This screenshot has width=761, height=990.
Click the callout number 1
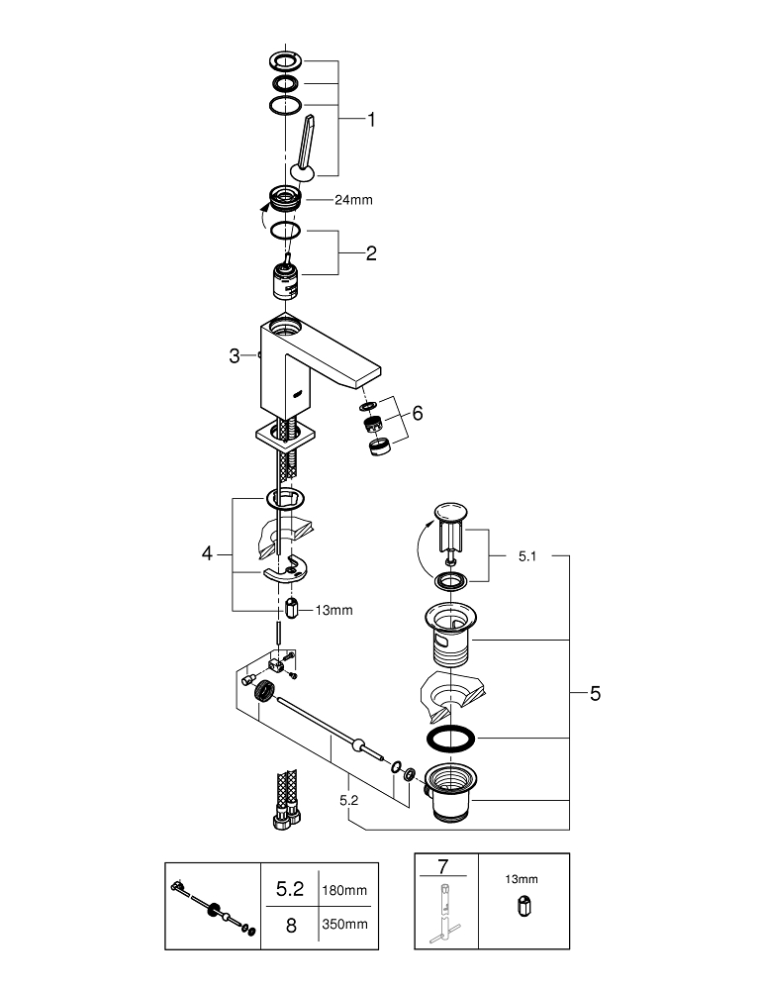pos(371,120)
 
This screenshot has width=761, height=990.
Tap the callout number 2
pos(370,253)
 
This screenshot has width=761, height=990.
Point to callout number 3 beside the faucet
pos(235,355)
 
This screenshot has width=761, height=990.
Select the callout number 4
pos(208,554)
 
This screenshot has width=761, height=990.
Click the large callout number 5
pos(594,694)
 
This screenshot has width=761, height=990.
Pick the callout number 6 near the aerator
pos(417,413)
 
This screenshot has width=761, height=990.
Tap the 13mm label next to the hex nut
pos(333,610)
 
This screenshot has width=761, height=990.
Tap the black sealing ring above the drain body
pos(448,738)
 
